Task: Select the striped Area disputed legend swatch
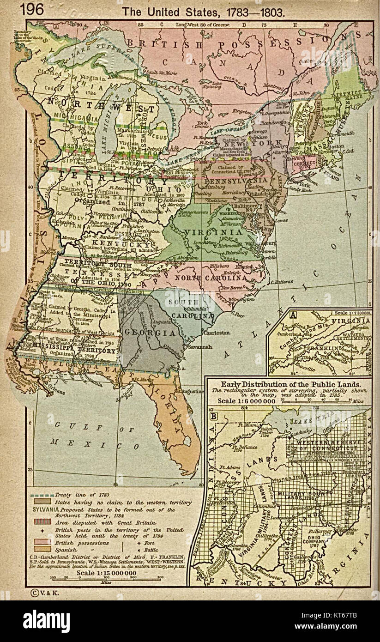[x=42, y=522]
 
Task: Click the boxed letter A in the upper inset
[x=281, y=315]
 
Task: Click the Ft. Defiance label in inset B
[x=244, y=449]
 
